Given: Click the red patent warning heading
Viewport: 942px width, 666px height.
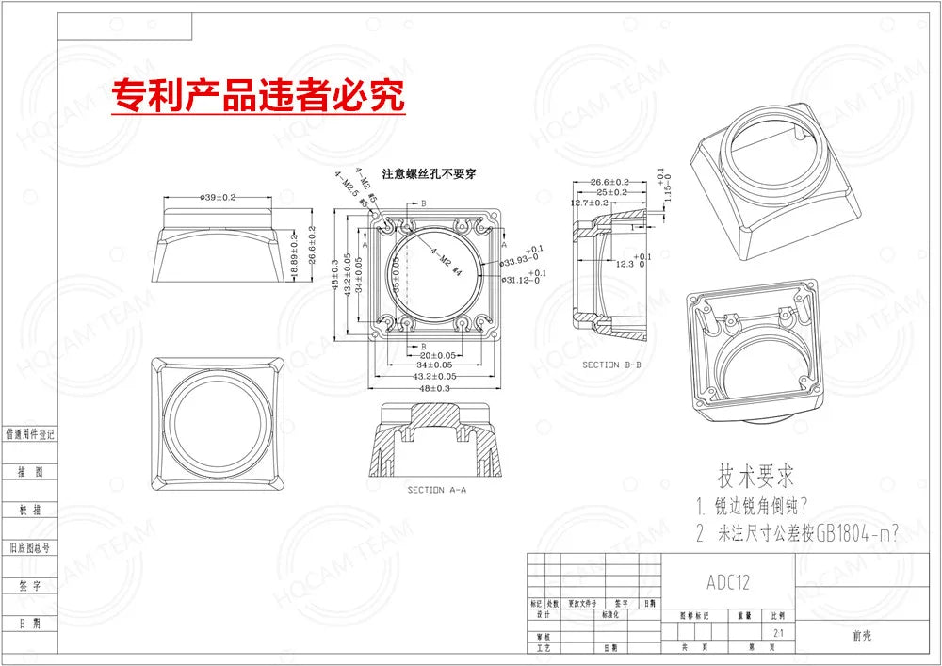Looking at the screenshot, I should pos(258,95).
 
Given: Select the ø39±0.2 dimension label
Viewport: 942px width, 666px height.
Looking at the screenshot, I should pos(218,197).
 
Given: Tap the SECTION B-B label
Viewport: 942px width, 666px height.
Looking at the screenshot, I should pos(611,364).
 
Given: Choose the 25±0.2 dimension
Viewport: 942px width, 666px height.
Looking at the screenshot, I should pos(610,192).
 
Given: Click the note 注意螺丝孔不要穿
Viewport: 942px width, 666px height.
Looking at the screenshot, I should pos(429,173).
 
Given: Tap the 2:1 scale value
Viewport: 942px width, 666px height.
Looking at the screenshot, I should pos(776,633).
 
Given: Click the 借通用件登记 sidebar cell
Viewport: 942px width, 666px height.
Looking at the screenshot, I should pos(30,434).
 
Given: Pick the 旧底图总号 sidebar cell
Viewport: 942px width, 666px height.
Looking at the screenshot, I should pos(30,546).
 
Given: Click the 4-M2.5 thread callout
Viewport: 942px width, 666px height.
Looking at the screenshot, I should pos(347,184).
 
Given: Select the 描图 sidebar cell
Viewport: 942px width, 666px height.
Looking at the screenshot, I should pos(30,471).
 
